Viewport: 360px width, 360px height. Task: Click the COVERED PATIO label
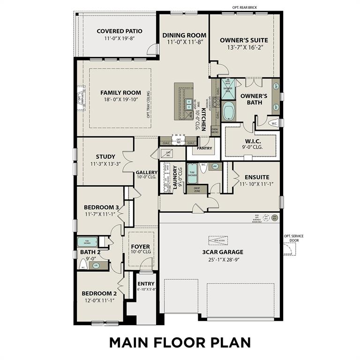click(x=120, y=31)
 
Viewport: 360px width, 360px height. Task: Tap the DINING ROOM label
click(x=184, y=35)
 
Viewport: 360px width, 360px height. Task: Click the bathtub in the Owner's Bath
click(x=229, y=112)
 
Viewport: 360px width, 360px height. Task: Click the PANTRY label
click(x=204, y=149)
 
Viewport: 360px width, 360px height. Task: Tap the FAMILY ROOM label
click(x=120, y=93)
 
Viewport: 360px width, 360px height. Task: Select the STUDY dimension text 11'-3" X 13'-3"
click(x=105, y=164)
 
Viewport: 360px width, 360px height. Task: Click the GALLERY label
click(x=147, y=172)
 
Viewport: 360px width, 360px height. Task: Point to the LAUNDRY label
click(x=175, y=177)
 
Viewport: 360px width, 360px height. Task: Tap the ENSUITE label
click(x=257, y=177)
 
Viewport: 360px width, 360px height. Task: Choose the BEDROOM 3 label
click(x=101, y=208)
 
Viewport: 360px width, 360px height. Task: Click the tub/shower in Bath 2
click(x=87, y=242)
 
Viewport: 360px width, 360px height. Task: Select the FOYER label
click(x=140, y=247)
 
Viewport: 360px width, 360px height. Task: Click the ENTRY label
click(x=146, y=284)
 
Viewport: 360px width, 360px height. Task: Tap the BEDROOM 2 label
click(x=99, y=294)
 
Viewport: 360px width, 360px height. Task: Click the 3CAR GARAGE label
click(x=223, y=252)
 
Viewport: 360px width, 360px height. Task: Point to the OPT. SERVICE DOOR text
click(x=293, y=238)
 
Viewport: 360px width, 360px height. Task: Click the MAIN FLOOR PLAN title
click(x=180, y=343)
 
